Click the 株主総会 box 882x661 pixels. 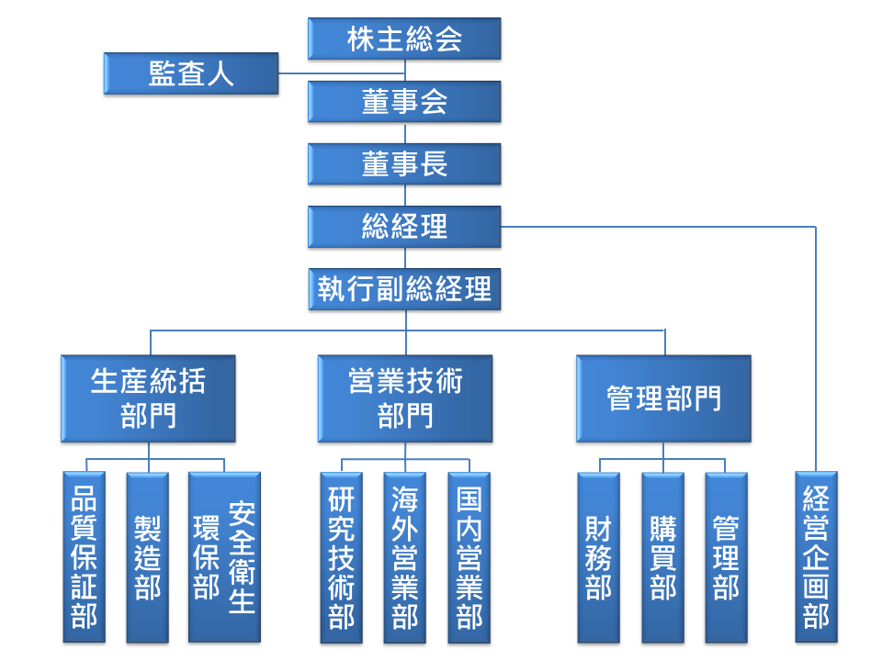404,39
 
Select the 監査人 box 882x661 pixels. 191,73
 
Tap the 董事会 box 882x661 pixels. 404,102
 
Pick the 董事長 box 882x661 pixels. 404,164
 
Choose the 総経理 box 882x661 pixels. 404,227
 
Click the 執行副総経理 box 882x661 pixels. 404,289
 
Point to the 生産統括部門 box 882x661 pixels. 148,398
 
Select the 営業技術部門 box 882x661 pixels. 404,398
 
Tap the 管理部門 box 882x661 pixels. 663,398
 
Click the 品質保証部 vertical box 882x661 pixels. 85,557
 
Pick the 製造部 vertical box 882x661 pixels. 147,557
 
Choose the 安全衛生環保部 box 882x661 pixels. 224,557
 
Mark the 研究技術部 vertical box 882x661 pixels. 341,557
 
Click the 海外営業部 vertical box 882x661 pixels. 404,557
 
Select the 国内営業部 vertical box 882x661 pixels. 469,557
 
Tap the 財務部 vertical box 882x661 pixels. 598,557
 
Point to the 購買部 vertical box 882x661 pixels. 662,557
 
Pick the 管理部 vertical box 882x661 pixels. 726,557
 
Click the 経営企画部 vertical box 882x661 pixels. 816,557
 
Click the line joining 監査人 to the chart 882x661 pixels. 340,74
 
